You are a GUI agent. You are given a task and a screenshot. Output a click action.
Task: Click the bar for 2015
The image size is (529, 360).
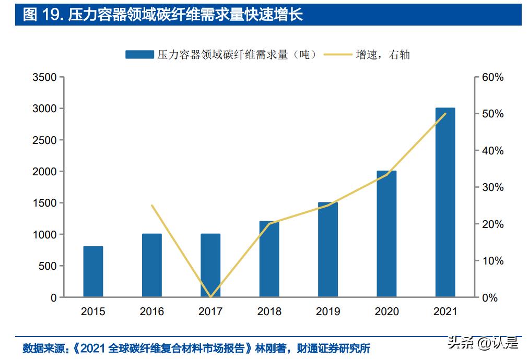(x=93, y=272)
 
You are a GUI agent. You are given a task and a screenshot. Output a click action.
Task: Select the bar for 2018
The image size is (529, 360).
(x=269, y=259)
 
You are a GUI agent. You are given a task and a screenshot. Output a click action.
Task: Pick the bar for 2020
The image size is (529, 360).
(x=386, y=234)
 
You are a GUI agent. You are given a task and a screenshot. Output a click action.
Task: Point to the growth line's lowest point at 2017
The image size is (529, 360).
(x=210, y=297)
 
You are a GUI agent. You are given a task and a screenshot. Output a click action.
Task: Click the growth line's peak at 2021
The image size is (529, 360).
(x=445, y=114)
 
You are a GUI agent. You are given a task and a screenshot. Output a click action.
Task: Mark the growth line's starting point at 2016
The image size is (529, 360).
(x=152, y=206)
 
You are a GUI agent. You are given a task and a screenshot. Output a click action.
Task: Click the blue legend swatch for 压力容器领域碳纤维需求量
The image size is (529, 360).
(x=139, y=54)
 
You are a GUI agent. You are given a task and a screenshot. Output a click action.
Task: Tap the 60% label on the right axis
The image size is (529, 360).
(x=492, y=77)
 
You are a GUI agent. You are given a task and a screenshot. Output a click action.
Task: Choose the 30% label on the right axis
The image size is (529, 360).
(x=492, y=187)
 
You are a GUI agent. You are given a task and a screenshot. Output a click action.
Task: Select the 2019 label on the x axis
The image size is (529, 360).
(x=328, y=312)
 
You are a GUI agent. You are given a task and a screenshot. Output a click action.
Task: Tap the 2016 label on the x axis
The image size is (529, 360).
(x=152, y=312)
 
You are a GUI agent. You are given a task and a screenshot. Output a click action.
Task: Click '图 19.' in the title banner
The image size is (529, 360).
(x=43, y=14)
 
